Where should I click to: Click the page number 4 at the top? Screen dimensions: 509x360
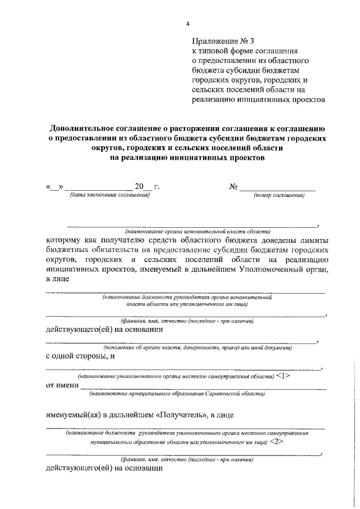188,24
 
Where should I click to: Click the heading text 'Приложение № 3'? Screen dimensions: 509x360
223,41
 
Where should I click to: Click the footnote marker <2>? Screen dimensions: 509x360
276,442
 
